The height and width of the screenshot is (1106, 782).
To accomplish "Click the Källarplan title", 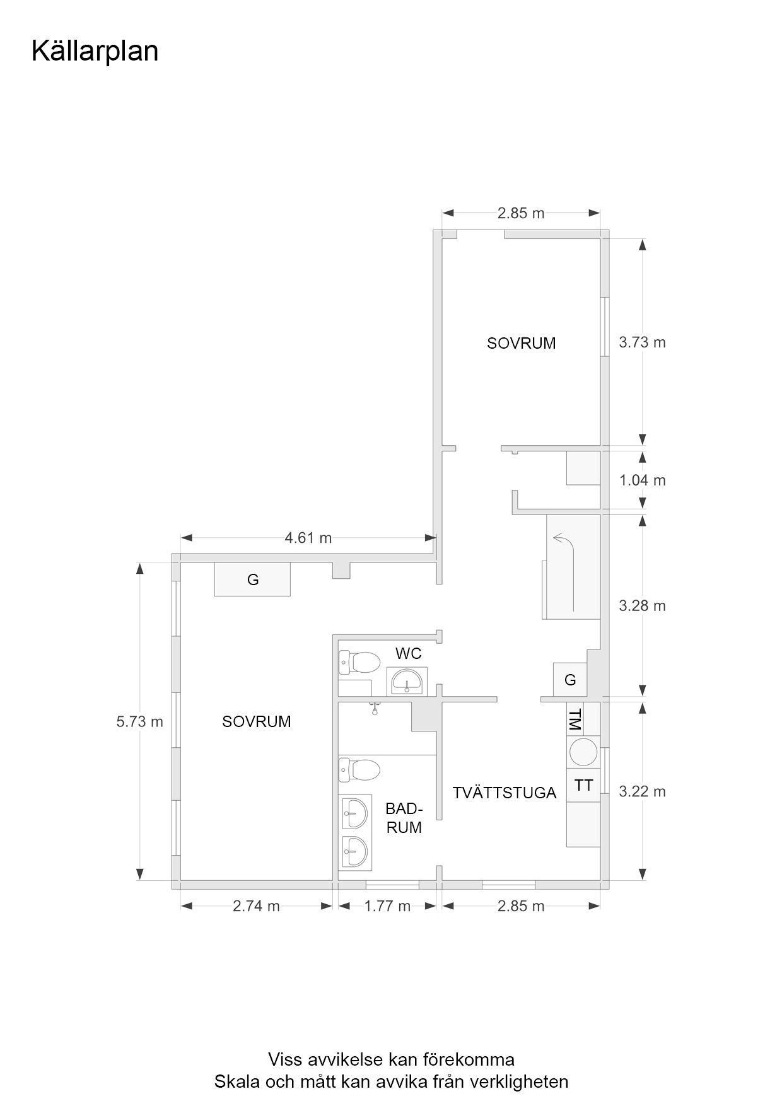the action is [x=95, y=52].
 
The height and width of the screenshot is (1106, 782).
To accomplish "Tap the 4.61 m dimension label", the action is [x=308, y=538].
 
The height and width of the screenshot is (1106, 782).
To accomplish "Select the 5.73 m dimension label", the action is [x=139, y=721].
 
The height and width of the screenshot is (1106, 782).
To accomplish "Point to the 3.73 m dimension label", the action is [x=642, y=342].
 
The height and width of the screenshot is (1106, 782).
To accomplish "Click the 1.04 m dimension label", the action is [x=642, y=480].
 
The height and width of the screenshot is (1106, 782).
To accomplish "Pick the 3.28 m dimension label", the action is [x=642, y=606].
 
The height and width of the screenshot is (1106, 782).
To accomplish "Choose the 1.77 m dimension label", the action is [x=387, y=906].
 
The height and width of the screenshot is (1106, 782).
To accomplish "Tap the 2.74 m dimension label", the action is [x=256, y=906].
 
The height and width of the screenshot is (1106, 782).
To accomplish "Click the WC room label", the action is [x=408, y=653].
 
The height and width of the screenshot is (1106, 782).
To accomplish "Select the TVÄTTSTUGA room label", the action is [x=505, y=793].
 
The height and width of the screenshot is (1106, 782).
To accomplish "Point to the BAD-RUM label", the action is [x=404, y=818].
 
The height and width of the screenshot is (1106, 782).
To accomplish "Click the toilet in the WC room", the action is [x=359, y=662].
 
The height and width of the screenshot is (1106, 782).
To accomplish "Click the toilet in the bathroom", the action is [x=359, y=769].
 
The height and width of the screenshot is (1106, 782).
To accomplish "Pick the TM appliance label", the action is [x=575, y=719].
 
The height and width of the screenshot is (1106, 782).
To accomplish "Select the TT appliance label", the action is [x=584, y=786].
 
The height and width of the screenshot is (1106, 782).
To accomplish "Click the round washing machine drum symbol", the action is [x=584, y=752].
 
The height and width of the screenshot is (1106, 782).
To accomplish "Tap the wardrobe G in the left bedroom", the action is [x=253, y=579].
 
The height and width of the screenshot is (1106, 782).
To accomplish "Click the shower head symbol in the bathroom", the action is [x=375, y=708].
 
